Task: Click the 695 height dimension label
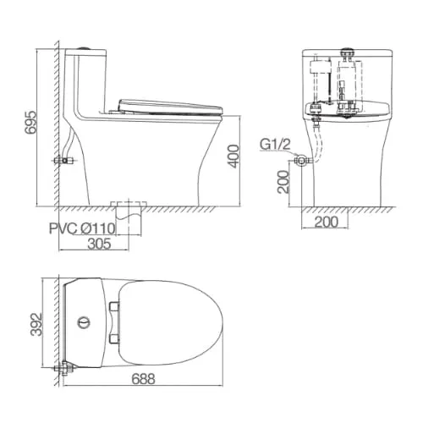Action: [30, 122]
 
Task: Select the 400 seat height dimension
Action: [234, 157]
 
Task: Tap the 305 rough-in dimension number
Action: [99, 244]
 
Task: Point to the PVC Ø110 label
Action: [82, 228]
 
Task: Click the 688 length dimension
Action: [143, 379]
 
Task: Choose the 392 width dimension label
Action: [36, 324]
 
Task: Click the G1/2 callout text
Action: [275, 145]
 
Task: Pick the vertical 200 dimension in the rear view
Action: [283, 182]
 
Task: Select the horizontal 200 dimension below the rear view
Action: [326, 222]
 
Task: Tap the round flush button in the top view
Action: [84, 323]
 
